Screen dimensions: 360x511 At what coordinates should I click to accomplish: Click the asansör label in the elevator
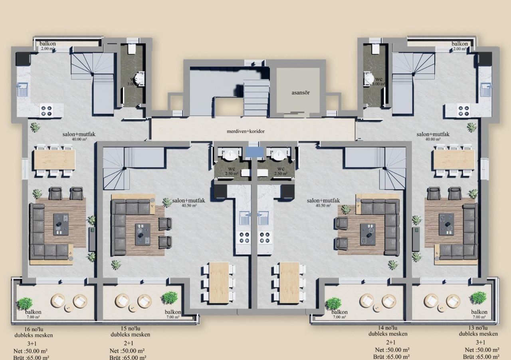[x=300, y=93]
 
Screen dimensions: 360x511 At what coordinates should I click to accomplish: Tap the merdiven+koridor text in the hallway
[x=246, y=131]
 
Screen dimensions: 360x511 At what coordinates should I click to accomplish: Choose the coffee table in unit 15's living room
[x=142, y=234]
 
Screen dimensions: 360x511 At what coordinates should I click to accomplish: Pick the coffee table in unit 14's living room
[x=368, y=234]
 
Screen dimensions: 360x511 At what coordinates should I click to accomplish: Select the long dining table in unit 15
[x=219, y=282]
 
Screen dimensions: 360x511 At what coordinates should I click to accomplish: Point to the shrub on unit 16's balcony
[x=25, y=303]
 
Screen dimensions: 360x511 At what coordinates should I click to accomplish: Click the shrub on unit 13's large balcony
[x=478, y=297]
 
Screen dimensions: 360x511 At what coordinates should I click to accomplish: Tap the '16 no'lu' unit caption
[x=33, y=329]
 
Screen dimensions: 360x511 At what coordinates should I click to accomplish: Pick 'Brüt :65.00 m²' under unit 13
[x=481, y=356]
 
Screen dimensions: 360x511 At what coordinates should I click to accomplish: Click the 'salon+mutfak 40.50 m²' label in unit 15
[x=188, y=203]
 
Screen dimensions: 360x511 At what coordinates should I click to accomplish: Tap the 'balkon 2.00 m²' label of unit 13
[x=460, y=46]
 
